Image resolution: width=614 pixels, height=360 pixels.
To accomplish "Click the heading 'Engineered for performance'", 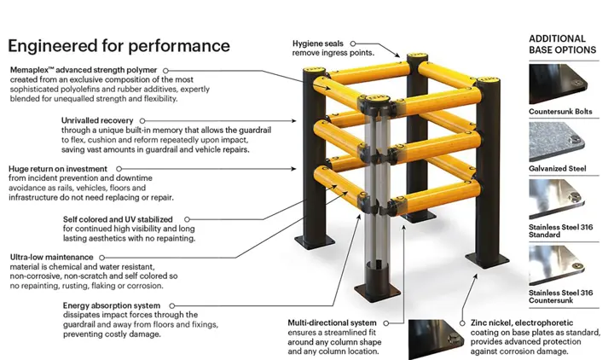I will [x=119, y=45].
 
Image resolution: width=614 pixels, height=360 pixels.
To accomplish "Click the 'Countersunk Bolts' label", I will [x=561, y=112].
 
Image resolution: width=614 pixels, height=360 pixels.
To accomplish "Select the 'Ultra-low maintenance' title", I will [x=51, y=257].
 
